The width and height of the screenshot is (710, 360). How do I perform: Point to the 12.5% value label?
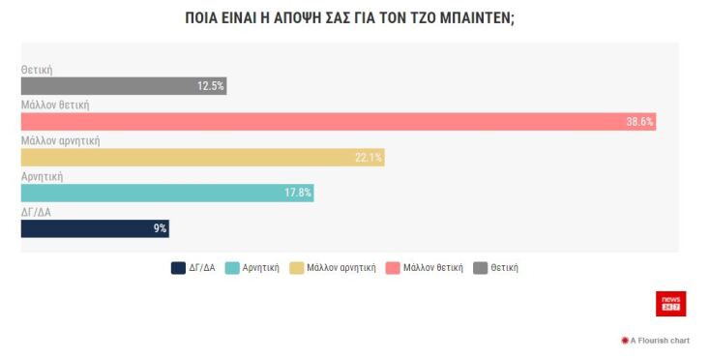(x=210, y=86)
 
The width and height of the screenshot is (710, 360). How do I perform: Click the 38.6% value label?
(x=639, y=122)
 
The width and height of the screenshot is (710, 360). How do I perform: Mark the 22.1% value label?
(x=369, y=158)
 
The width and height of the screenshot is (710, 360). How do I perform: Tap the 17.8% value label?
(x=297, y=193)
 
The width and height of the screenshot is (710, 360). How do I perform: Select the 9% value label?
(x=160, y=228)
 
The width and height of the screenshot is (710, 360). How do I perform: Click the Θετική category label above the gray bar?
(x=37, y=70)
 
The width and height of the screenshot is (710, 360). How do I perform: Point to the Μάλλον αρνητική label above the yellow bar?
(x=60, y=140)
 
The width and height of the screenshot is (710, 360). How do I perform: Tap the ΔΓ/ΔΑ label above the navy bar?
(x=37, y=211)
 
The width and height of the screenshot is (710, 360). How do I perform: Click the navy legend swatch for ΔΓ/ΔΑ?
(x=178, y=268)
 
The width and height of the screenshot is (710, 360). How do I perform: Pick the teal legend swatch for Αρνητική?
(x=232, y=268)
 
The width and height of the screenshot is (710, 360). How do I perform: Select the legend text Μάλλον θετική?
(x=432, y=268)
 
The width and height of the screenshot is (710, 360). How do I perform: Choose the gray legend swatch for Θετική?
(x=481, y=268)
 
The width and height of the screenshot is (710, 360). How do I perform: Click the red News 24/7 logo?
(x=670, y=303)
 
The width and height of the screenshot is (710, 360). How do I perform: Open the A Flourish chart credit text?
(x=659, y=341)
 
